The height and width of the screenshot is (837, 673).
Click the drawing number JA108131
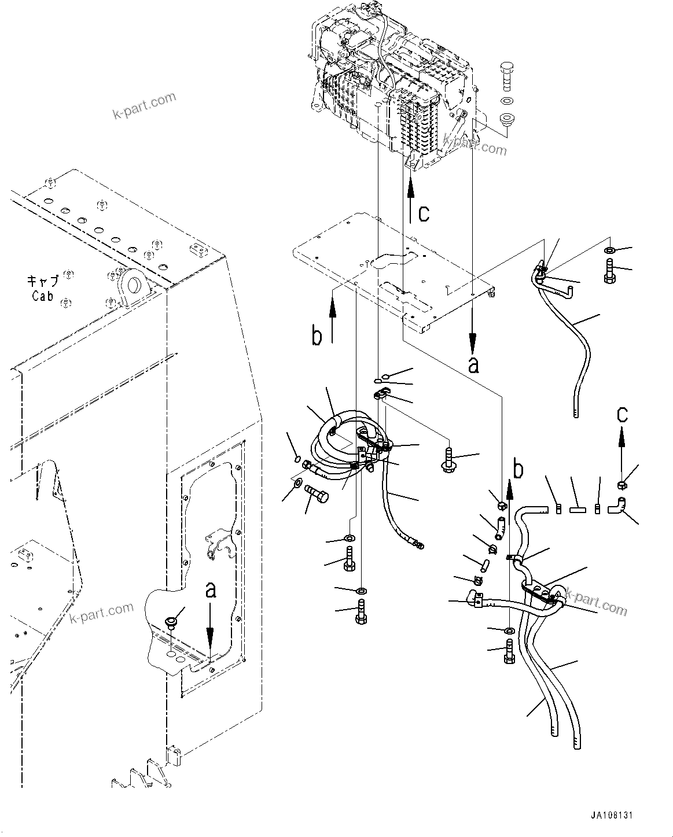(x=612, y=815)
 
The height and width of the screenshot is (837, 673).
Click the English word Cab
(x=42, y=296)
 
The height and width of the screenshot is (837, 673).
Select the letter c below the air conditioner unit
(x=424, y=213)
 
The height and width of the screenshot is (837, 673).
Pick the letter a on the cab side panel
(x=212, y=590)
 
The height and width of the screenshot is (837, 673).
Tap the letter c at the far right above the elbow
(x=621, y=414)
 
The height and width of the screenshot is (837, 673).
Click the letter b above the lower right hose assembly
(x=518, y=470)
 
